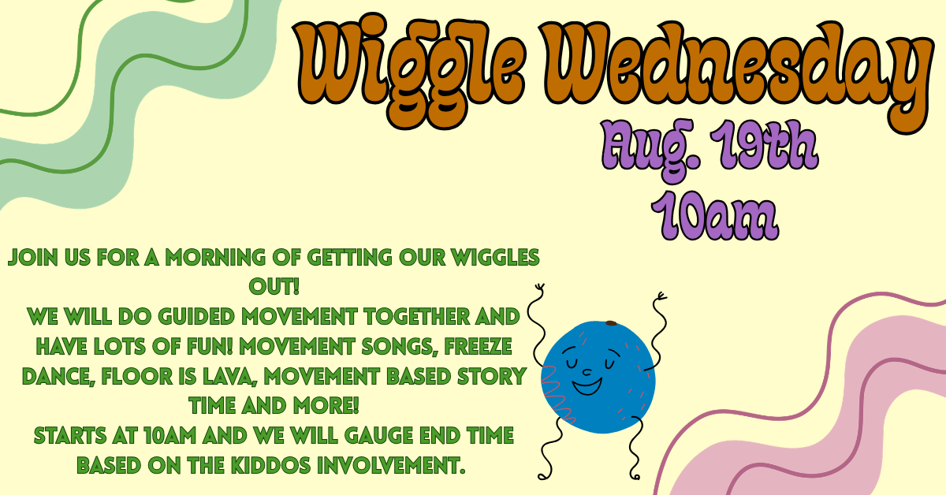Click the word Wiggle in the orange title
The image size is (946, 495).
[x=410, y=69]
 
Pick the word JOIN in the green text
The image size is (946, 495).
[x=33, y=257]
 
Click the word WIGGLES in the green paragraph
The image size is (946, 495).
[x=495, y=257]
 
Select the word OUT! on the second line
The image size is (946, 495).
[x=274, y=287]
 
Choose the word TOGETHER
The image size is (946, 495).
[x=417, y=317]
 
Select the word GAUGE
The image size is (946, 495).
[x=378, y=435]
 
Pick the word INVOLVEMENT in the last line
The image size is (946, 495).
[x=392, y=465]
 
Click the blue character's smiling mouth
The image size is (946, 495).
[x=587, y=386]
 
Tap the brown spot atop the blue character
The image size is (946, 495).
[x=611, y=323]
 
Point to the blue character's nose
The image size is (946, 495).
[x=587, y=372]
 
